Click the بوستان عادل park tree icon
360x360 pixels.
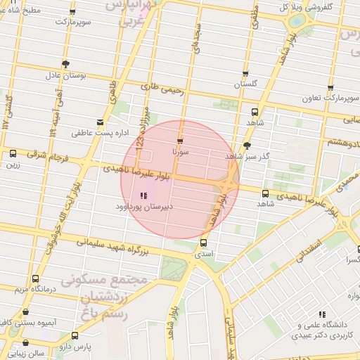65,64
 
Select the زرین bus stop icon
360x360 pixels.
13,154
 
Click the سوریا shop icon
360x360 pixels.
181,141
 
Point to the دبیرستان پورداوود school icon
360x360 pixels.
143,196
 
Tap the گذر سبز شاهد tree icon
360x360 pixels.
247,146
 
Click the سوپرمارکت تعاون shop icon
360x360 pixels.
330,89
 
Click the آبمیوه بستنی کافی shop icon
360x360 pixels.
26,311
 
